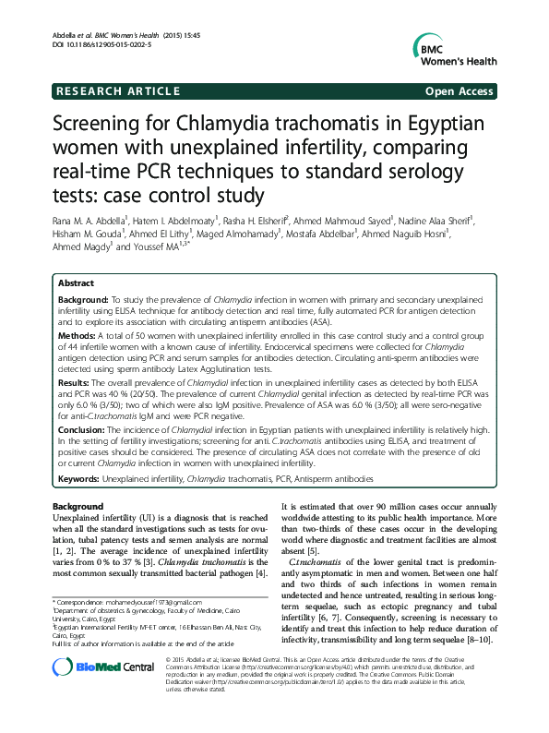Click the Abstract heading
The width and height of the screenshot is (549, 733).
point(77,282)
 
